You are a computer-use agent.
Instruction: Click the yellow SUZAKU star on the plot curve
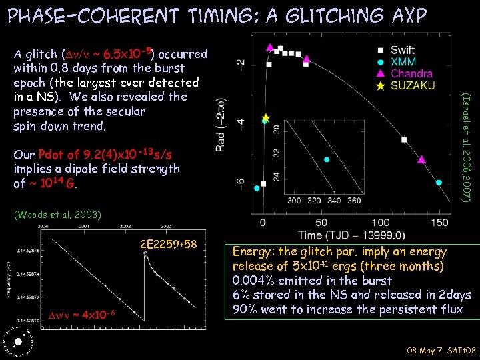click(x=265, y=118)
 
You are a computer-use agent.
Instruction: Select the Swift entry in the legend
click(x=402, y=50)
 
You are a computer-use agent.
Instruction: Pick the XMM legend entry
click(x=401, y=61)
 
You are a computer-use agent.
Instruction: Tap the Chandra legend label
click(x=411, y=73)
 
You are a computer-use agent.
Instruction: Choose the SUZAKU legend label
click(x=412, y=85)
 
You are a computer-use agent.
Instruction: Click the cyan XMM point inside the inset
click(x=327, y=159)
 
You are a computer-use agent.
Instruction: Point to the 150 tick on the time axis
click(x=440, y=221)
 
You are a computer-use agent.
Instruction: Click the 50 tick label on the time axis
click(x=322, y=221)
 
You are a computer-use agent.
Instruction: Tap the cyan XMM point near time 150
click(x=439, y=183)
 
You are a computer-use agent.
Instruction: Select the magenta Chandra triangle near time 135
click(x=421, y=160)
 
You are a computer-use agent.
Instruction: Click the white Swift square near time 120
click(x=405, y=139)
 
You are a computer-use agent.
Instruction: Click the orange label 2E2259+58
click(x=169, y=244)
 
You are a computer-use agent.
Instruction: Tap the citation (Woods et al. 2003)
click(x=57, y=215)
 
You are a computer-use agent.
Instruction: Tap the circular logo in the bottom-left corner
click(x=16, y=341)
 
